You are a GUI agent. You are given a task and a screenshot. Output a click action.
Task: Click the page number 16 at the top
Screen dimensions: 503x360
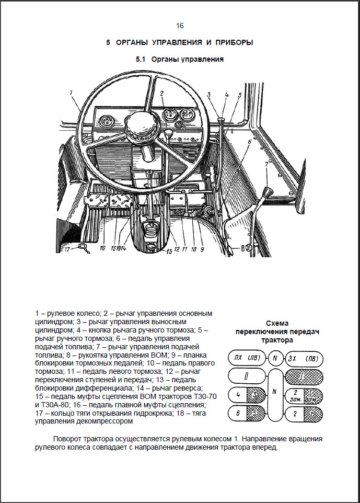tap(180, 26)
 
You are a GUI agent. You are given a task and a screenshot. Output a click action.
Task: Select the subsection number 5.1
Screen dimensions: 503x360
tap(140, 60)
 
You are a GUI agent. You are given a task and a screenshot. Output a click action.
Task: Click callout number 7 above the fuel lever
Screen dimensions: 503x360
tap(266, 164)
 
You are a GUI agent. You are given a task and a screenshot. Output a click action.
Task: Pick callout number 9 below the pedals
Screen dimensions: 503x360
tap(202, 249)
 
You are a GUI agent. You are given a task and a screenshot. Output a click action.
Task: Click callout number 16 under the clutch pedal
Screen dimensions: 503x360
tap(102, 248)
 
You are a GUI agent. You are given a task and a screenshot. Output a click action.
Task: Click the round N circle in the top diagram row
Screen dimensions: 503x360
tap(274, 359)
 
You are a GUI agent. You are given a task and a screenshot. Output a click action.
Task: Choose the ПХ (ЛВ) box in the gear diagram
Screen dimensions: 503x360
tap(246, 359)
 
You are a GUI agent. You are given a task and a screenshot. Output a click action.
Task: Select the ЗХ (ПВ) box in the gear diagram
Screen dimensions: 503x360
tap(303, 359)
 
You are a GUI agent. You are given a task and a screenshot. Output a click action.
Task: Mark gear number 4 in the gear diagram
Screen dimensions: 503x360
tap(238, 395)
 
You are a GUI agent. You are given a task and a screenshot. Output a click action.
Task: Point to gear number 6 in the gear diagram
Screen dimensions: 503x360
tap(238, 414)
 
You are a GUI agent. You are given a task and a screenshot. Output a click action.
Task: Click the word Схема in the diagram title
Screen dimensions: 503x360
tap(277, 323)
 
